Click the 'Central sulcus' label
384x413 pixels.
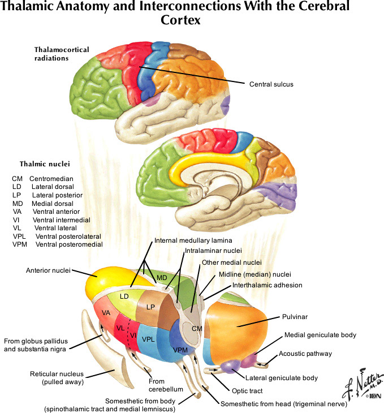click(x=271, y=84)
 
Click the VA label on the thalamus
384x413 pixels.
click(x=106, y=313)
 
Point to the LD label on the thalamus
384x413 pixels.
click(x=125, y=295)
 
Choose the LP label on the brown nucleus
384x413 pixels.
click(x=150, y=307)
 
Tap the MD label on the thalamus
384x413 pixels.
click(x=162, y=278)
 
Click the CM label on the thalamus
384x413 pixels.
click(x=196, y=328)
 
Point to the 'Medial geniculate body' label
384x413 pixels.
click(x=320, y=335)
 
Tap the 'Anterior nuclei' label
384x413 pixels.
click(x=48, y=270)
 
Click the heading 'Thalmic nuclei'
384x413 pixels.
click(x=45, y=165)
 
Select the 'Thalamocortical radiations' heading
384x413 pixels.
click(x=62, y=54)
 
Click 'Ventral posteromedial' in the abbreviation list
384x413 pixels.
click(x=68, y=244)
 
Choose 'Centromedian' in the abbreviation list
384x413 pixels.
click(x=52, y=178)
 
